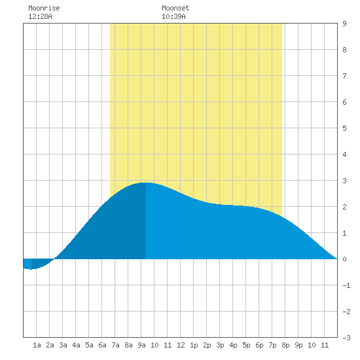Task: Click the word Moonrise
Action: click(x=44, y=8)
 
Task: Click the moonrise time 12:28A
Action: click(x=40, y=16)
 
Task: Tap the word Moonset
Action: click(x=175, y=8)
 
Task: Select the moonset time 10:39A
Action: click(x=173, y=16)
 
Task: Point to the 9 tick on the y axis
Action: click(x=344, y=24)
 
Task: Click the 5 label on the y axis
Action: click(x=344, y=128)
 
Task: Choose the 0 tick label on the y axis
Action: click(x=344, y=259)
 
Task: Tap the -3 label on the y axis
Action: click(x=346, y=338)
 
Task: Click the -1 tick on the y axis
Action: click(x=346, y=285)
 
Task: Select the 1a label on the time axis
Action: click(x=37, y=345)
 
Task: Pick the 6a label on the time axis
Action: click(x=102, y=345)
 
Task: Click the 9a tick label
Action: click(x=141, y=345)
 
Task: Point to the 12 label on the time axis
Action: click(x=181, y=345)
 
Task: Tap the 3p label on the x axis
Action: click(x=220, y=345)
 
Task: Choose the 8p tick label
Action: click(x=285, y=345)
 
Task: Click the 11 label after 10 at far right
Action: click(x=325, y=345)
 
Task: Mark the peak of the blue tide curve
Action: click(x=146, y=183)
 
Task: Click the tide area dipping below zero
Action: click(x=37, y=264)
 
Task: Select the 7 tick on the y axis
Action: click(x=344, y=76)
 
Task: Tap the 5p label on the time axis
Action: click(x=246, y=345)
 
